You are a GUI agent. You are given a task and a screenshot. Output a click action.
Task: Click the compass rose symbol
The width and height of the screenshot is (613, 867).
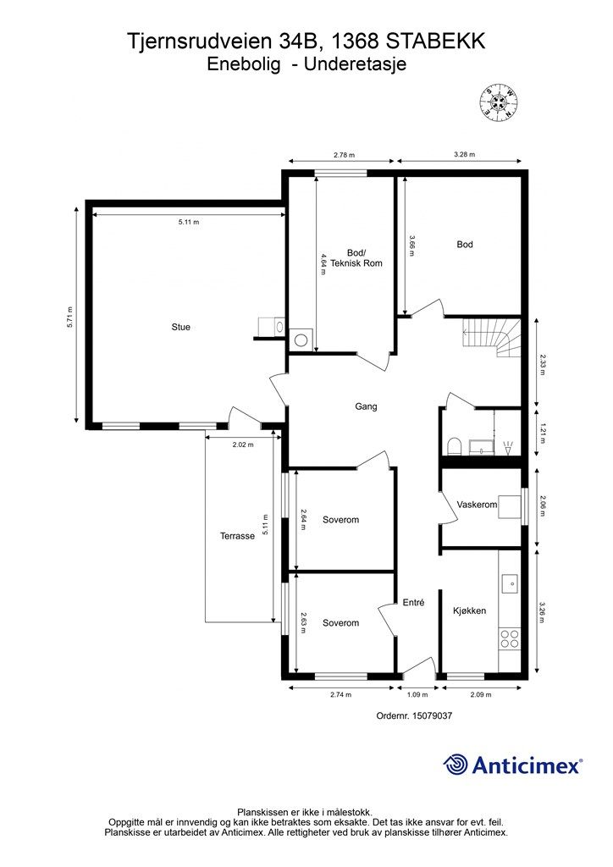[x=499, y=102]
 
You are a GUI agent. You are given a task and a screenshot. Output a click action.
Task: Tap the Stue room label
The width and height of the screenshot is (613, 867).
[x=180, y=327]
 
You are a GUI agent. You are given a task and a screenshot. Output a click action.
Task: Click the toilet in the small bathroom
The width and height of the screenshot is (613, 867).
[x=454, y=446]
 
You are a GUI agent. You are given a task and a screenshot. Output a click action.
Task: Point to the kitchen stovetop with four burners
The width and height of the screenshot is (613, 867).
[x=509, y=638]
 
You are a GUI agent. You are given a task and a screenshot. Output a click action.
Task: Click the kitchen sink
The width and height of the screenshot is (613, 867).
[x=510, y=583]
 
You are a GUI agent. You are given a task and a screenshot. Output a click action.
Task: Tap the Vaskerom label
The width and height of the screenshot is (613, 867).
[x=477, y=505]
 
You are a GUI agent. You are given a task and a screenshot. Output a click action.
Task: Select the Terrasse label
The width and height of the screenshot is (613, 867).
[x=237, y=536]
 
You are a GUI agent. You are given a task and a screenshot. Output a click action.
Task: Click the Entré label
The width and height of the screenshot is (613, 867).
[x=413, y=603]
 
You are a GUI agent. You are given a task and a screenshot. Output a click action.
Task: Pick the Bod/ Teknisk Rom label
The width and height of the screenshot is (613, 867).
[x=356, y=258]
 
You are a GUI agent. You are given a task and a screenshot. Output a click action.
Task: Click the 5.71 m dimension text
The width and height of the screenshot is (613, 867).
[x=70, y=318]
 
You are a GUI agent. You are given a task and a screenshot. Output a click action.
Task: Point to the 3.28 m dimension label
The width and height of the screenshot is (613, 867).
[x=464, y=155]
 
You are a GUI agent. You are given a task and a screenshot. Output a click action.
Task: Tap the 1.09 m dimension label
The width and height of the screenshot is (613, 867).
[x=418, y=694]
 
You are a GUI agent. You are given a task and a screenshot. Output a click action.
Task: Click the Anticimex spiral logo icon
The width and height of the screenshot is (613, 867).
[x=455, y=765]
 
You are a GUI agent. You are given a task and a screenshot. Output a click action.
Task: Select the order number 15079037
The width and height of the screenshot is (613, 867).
[x=431, y=715]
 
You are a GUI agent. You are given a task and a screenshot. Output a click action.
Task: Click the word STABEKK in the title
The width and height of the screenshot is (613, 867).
[x=435, y=41]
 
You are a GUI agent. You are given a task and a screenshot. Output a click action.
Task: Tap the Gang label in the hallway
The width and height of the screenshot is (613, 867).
[x=366, y=406]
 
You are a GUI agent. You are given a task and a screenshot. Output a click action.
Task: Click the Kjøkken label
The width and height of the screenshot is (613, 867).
[x=469, y=610]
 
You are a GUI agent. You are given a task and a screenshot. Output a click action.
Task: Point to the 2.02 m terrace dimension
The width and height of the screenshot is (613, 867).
[x=243, y=444]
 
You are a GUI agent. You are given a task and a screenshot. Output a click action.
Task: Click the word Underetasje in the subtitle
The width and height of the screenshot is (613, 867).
[x=356, y=64]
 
